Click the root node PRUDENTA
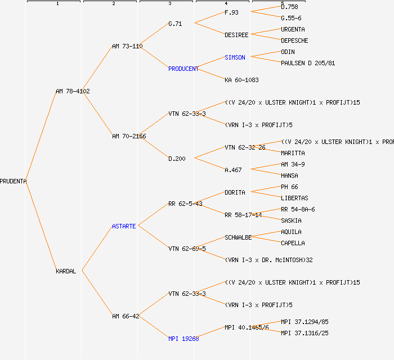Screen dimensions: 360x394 coord(13,181)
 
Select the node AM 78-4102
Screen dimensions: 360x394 coord(73,91)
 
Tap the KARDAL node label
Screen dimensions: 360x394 coord(66,271)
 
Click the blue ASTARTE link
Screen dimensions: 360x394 coord(124,226)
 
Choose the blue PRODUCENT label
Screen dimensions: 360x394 coord(183,69)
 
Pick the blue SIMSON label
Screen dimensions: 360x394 coord(235,57)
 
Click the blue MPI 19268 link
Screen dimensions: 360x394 coord(183,339)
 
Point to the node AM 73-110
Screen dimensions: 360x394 coord(127,46)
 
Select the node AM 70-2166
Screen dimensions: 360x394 coord(129,136)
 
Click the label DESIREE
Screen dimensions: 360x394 coord(236,35)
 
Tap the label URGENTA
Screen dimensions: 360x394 coord(293,29)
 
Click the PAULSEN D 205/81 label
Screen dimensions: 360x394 coord(308,63)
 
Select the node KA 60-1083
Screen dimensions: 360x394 coord(241,80)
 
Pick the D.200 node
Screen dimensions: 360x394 coord(177,159)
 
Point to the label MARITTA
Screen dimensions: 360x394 coord(293,153)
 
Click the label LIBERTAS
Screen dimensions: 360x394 coord(294,198)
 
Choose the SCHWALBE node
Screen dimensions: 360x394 coord(238,237)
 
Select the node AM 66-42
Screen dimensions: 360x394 coord(126,316)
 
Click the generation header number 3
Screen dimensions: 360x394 coord(169,4)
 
